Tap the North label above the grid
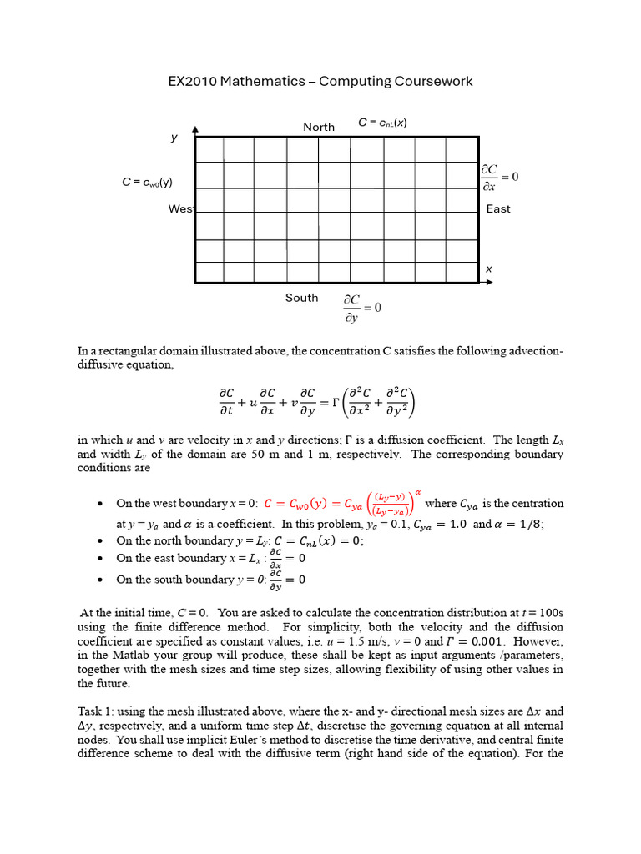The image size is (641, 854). click(319, 127)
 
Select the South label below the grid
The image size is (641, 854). click(301, 298)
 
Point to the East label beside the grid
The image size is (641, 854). click(498, 208)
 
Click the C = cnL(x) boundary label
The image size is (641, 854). click(382, 123)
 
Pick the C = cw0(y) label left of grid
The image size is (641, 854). click(147, 183)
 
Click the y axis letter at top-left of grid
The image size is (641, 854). click(174, 138)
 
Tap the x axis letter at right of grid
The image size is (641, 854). click(489, 269)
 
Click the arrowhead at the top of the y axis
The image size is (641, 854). click(195, 129)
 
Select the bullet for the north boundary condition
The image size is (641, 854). click(100, 540)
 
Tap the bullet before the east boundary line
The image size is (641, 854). click(100, 559)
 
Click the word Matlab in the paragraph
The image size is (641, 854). click(139, 656)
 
